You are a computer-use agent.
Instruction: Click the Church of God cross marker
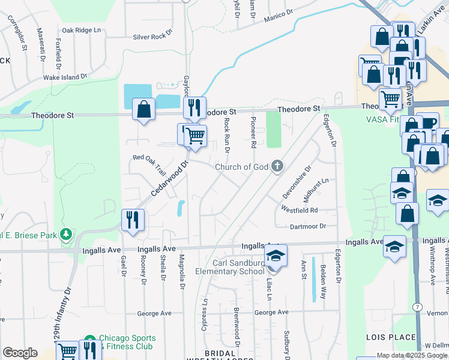click(277, 166)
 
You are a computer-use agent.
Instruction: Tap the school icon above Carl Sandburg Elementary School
click(276, 256)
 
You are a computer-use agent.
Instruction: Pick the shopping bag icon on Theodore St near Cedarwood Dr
click(143, 109)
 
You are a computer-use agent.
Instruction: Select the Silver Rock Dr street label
click(153, 37)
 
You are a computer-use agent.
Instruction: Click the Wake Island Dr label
click(65, 77)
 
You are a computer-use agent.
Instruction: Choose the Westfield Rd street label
click(299, 211)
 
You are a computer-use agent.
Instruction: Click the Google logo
click(20, 353)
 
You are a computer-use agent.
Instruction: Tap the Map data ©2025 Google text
click(412, 355)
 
